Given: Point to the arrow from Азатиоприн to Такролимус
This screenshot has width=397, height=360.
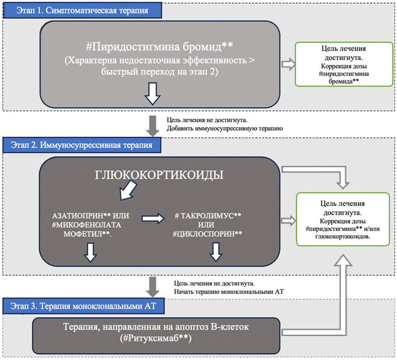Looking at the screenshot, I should [152, 219].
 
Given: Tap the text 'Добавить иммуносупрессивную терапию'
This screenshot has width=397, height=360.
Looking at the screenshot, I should [224, 128].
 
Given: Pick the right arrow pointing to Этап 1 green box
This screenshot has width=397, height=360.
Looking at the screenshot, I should [287, 63].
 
